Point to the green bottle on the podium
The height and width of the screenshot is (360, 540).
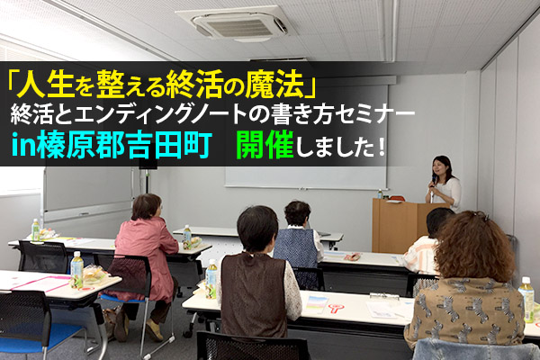tap(380, 194)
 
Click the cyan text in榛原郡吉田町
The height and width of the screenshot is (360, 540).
tap(111, 145)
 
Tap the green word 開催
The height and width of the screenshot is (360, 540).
tap(265, 145)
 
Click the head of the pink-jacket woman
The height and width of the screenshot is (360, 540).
tap(147, 207)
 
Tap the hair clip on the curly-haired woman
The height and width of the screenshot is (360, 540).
tap(481, 216)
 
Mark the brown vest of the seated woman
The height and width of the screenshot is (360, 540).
tap(253, 294)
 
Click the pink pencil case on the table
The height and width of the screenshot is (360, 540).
tap(352, 256)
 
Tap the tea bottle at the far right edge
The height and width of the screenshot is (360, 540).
tap(526, 299)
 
